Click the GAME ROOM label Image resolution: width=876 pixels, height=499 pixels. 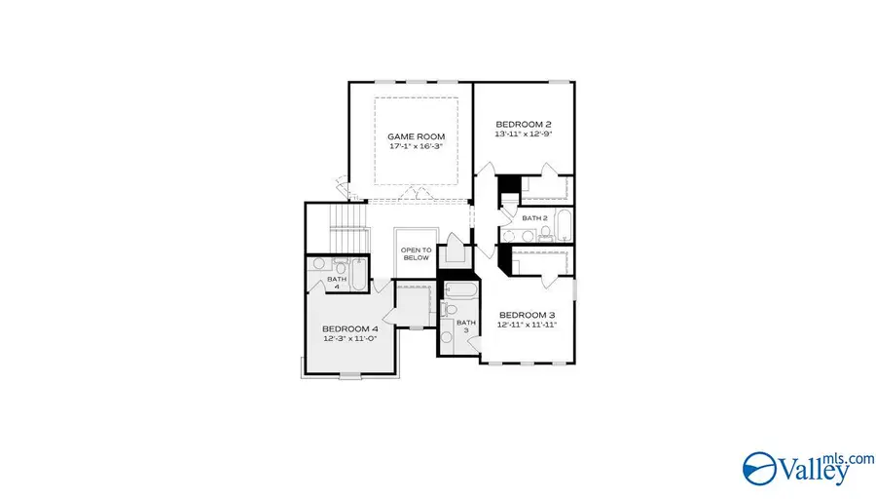click(x=409, y=137)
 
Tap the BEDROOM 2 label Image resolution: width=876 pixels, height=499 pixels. click(x=524, y=124)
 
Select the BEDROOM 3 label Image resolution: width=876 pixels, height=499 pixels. click(x=527, y=315)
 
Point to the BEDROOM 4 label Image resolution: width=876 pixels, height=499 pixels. click(x=349, y=328)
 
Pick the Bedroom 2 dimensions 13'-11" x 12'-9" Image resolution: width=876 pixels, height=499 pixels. click(x=524, y=135)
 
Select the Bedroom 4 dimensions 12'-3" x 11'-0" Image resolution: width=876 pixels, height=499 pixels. click(x=349, y=340)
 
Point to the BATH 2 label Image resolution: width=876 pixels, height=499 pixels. click(x=534, y=218)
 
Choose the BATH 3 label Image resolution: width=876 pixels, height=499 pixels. click(x=465, y=326)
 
